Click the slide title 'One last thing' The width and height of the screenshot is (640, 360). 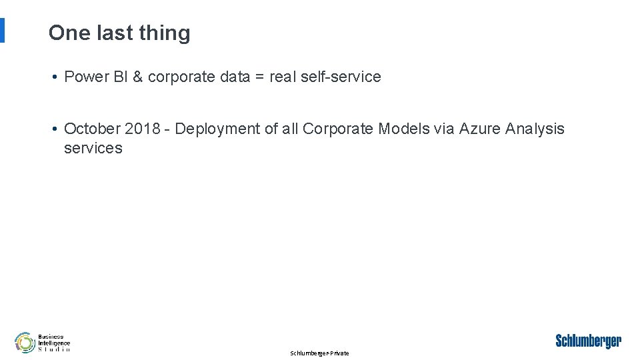pyautogui.click(x=119, y=33)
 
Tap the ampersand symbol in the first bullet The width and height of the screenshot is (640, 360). pyautogui.click(x=138, y=77)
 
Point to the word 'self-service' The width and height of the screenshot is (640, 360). pyautogui.click(x=341, y=77)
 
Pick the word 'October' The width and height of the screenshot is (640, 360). pyautogui.click(x=92, y=129)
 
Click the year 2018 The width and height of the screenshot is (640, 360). pyautogui.click(x=142, y=129)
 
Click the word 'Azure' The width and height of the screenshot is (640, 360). pyautogui.click(x=480, y=129)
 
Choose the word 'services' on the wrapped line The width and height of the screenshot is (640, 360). pyautogui.click(x=93, y=148)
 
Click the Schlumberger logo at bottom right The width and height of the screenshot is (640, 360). pyautogui.click(x=588, y=341)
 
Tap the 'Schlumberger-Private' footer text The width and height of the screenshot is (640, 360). pyautogui.click(x=319, y=353)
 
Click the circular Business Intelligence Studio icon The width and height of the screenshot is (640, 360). pyautogui.click(x=25, y=343)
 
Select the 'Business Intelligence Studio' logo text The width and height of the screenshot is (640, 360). pyautogui.click(x=54, y=343)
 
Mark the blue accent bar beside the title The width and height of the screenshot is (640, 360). pyautogui.click(x=2, y=30)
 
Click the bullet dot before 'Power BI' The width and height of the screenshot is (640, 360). pyautogui.click(x=54, y=77)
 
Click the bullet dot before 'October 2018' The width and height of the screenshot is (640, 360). pyautogui.click(x=54, y=129)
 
